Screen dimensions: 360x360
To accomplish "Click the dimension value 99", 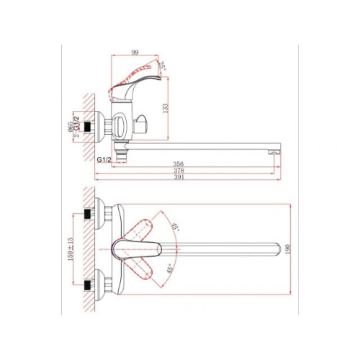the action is click(135, 52).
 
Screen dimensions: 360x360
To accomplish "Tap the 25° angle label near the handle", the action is click(162, 66).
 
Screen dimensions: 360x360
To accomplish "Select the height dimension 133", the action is click(166, 108).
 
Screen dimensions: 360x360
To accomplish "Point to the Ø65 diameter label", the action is click(70, 127).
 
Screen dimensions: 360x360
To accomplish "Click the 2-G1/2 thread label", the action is click(76, 127).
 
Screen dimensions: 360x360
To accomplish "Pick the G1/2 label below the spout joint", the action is click(104, 160).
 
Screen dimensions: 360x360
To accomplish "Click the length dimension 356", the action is click(179, 164).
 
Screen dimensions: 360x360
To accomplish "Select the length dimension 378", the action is click(179, 171).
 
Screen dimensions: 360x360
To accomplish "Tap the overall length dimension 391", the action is click(179, 177).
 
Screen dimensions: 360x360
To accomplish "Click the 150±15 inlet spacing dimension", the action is click(70, 249).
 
